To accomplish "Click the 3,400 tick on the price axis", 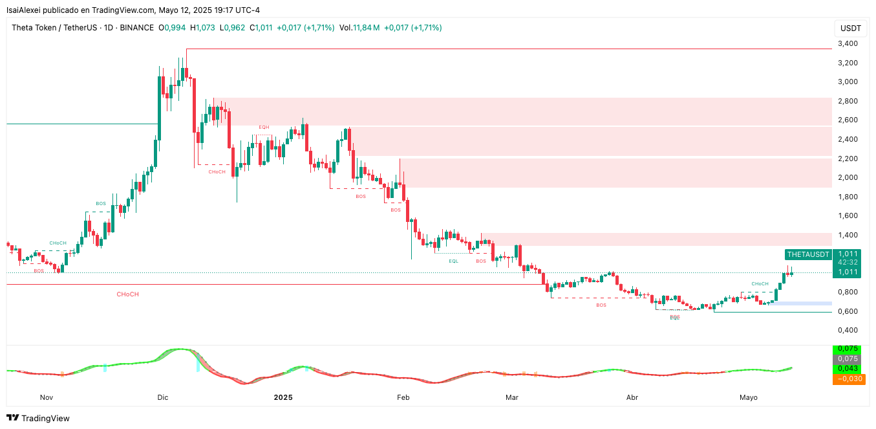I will click(x=847, y=44).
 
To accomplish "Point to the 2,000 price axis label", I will click(x=847, y=178).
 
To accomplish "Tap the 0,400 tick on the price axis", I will click(x=847, y=331).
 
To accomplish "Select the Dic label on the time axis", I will click(x=162, y=397).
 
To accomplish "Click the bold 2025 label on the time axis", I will click(x=283, y=397).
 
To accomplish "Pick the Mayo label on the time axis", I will click(x=749, y=397).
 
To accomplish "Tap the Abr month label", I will click(x=632, y=397).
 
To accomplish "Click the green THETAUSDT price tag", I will click(x=807, y=254).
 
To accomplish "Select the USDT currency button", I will click(x=851, y=28).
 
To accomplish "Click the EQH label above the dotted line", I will click(x=264, y=127).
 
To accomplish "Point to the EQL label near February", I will click(x=454, y=261).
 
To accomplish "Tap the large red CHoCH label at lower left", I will click(x=127, y=294).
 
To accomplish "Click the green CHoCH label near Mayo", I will click(x=760, y=284).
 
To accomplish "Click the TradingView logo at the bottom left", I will click(x=38, y=419).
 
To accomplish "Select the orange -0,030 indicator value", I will click(x=849, y=379).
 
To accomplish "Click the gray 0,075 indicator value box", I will click(x=849, y=358).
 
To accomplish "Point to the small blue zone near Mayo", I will click(x=802, y=303).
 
